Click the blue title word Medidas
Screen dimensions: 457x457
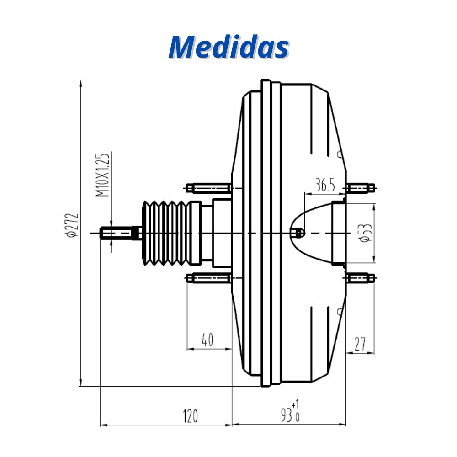point(229,47)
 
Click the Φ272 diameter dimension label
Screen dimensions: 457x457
point(72,225)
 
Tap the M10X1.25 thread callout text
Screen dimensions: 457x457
point(102,175)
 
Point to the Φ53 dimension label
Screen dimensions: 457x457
point(366,233)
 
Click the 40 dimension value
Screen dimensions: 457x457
point(207,340)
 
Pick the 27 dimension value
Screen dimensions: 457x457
point(360,344)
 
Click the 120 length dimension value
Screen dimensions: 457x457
point(190,416)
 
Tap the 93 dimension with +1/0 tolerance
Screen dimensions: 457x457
point(290,412)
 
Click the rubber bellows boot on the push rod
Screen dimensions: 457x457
point(167,233)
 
